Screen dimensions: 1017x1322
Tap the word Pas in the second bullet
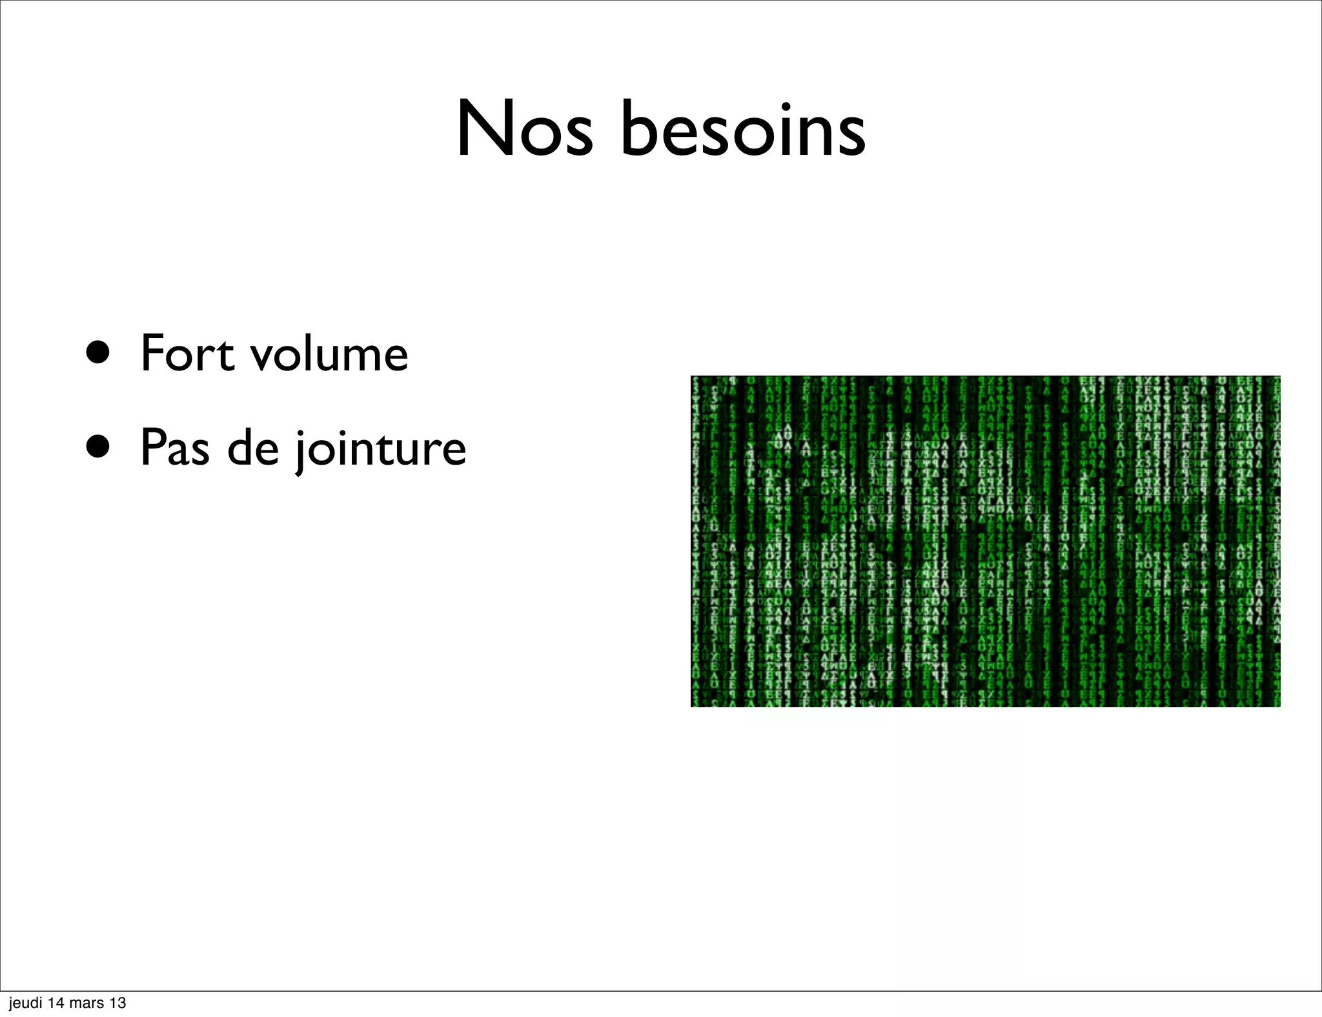(174, 448)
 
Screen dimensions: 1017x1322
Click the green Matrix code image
(985, 541)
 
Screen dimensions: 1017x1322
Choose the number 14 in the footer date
(57, 1003)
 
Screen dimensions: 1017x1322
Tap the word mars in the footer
(88, 1003)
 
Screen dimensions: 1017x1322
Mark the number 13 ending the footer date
(118, 1003)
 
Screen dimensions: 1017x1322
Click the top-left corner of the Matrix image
(692, 377)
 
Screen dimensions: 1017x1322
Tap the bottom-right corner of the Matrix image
(1279, 705)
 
